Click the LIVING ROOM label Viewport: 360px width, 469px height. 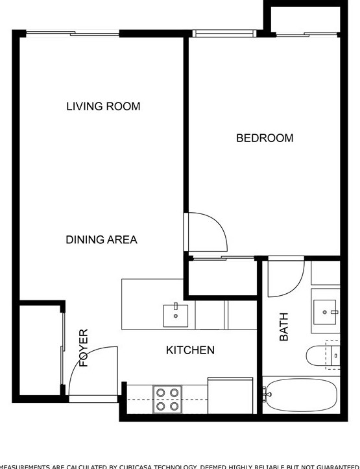pyautogui.click(x=103, y=106)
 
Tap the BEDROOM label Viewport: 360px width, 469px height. pyautogui.click(x=264, y=138)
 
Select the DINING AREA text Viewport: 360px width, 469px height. pyautogui.click(x=101, y=240)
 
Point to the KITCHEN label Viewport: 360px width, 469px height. pyautogui.click(x=190, y=350)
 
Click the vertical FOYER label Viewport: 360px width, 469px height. pyautogui.click(x=84, y=348)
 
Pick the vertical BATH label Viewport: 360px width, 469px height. pyautogui.click(x=284, y=327)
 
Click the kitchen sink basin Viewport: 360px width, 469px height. pyautogui.click(x=175, y=315)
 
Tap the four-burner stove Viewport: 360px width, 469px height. pyautogui.click(x=167, y=400)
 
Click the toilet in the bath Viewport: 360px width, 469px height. pyautogui.click(x=322, y=357)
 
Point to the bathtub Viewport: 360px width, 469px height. pyautogui.click(x=300, y=394)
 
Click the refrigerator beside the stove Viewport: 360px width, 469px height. pyautogui.click(x=230, y=396)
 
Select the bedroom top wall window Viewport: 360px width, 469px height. pyautogui.click(x=224, y=33)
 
